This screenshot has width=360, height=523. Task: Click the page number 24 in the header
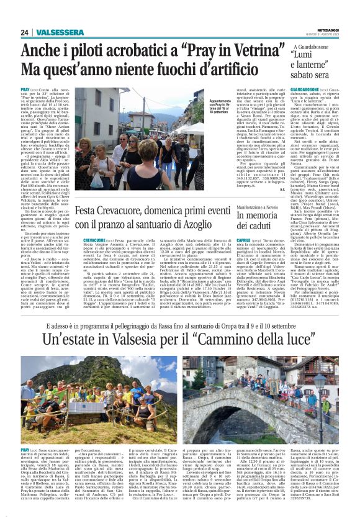click(25, 32)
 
